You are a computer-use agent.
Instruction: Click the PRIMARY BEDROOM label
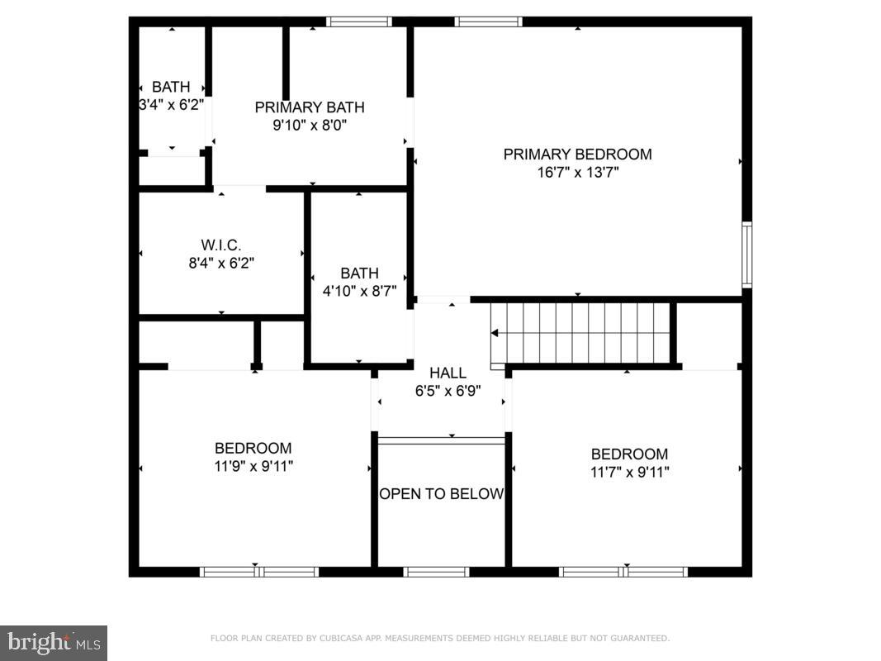click(x=577, y=155)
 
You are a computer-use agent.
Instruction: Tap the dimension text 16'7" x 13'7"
click(x=577, y=173)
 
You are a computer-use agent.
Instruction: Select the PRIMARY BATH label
click(x=309, y=107)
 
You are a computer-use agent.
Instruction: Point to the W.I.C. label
click(x=221, y=245)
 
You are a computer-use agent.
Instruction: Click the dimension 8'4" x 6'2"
click(x=221, y=264)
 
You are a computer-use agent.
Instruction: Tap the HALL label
click(x=448, y=373)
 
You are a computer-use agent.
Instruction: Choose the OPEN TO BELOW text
click(x=441, y=494)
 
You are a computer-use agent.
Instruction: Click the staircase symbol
click(x=582, y=333)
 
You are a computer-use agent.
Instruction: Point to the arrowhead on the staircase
click(x=495, y=334)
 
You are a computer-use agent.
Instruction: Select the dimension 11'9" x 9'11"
click(x=253, y=466)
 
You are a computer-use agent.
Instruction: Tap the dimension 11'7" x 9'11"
click(x=628, y=472)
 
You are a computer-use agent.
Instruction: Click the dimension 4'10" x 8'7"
click(x=359, y=291)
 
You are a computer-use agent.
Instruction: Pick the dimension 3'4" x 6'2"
click(x=171, y=105)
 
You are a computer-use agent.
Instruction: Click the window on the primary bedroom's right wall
click(x=746, y=254)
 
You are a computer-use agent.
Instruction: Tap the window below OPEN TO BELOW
click(x=436, y=572)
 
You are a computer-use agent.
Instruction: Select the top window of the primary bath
click(x=358, y=21)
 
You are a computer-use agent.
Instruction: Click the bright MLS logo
click(x=54, y=642)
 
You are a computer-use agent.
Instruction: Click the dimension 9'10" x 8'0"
click(x=309, y=126)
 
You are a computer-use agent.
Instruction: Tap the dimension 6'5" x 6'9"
click(x=448, y=391)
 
